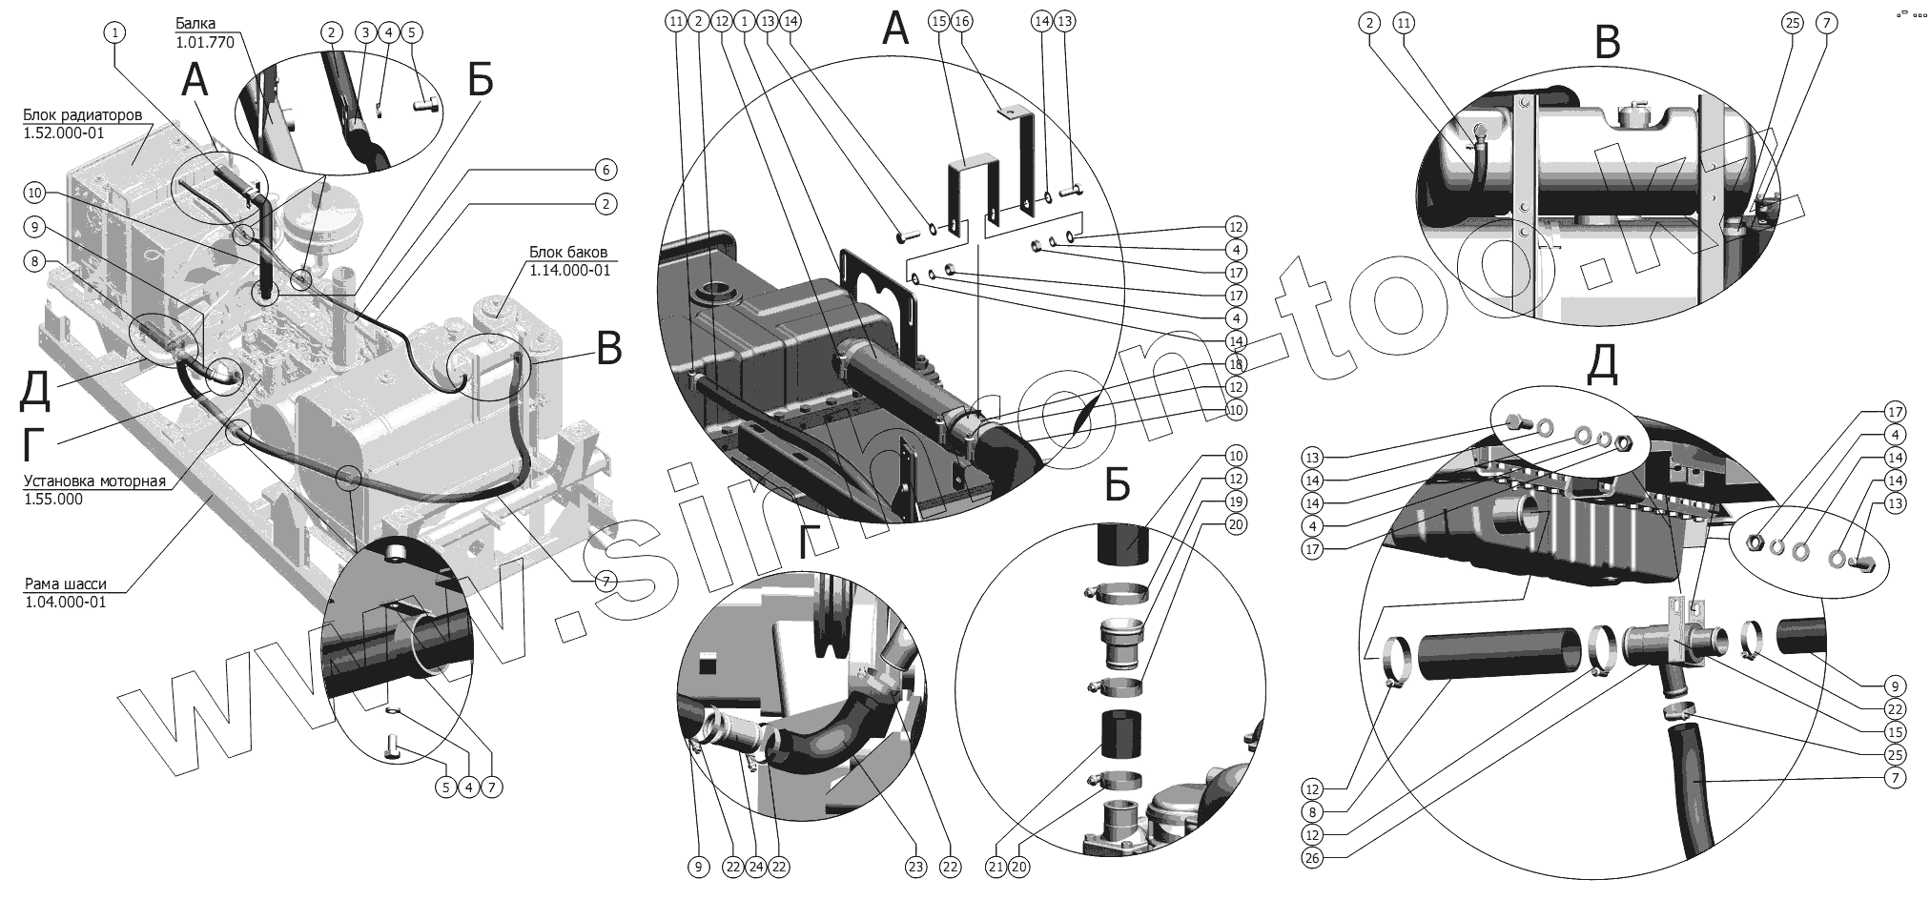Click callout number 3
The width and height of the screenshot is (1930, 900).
pyautogui.click(x=363, y=32)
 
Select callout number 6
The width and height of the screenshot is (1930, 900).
pyautogui.click(x=605, y=170)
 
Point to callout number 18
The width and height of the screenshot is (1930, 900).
pyautogui.click(x=1235, y=364)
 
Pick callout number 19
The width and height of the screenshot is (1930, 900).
pyautogui.click(x=1235, y=501)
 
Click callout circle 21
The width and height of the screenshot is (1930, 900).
pyautogui.click(x=996, y=867)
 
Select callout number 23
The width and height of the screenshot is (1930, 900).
pyautogui.click(x=916, y=867)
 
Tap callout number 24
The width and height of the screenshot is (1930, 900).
pyautogui.click(x=755, y=867)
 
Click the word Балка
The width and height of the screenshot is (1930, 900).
pyautogui.click(x=195, y=23)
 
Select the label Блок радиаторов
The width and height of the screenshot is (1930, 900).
pyautogui.click(x=83, y=115)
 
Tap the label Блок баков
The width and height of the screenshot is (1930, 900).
pyautogui.click(x=568, y=253)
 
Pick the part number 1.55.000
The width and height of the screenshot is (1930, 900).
pyautogui.click(x=53, y=499)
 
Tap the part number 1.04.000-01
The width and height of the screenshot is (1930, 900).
pyautogui.click(x=67, y=602)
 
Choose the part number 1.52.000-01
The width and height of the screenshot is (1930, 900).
pyautogui.click(x=63, y=133)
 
